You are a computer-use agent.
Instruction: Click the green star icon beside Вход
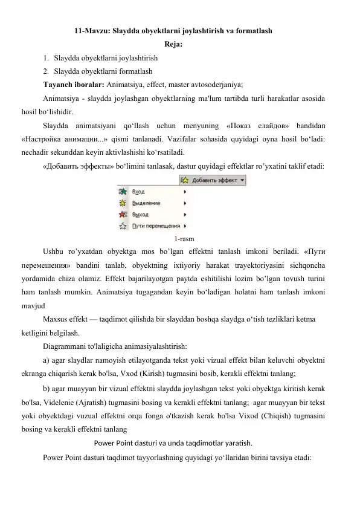(123, 192)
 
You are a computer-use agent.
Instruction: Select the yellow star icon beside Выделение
(123, 203)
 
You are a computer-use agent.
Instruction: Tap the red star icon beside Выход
(123, 214)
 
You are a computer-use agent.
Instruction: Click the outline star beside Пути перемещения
(123, 225)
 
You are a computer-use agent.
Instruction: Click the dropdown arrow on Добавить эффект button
(243, 180)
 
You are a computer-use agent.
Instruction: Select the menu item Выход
(140, 215)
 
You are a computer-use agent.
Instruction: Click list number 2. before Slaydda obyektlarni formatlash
(46, 71)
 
